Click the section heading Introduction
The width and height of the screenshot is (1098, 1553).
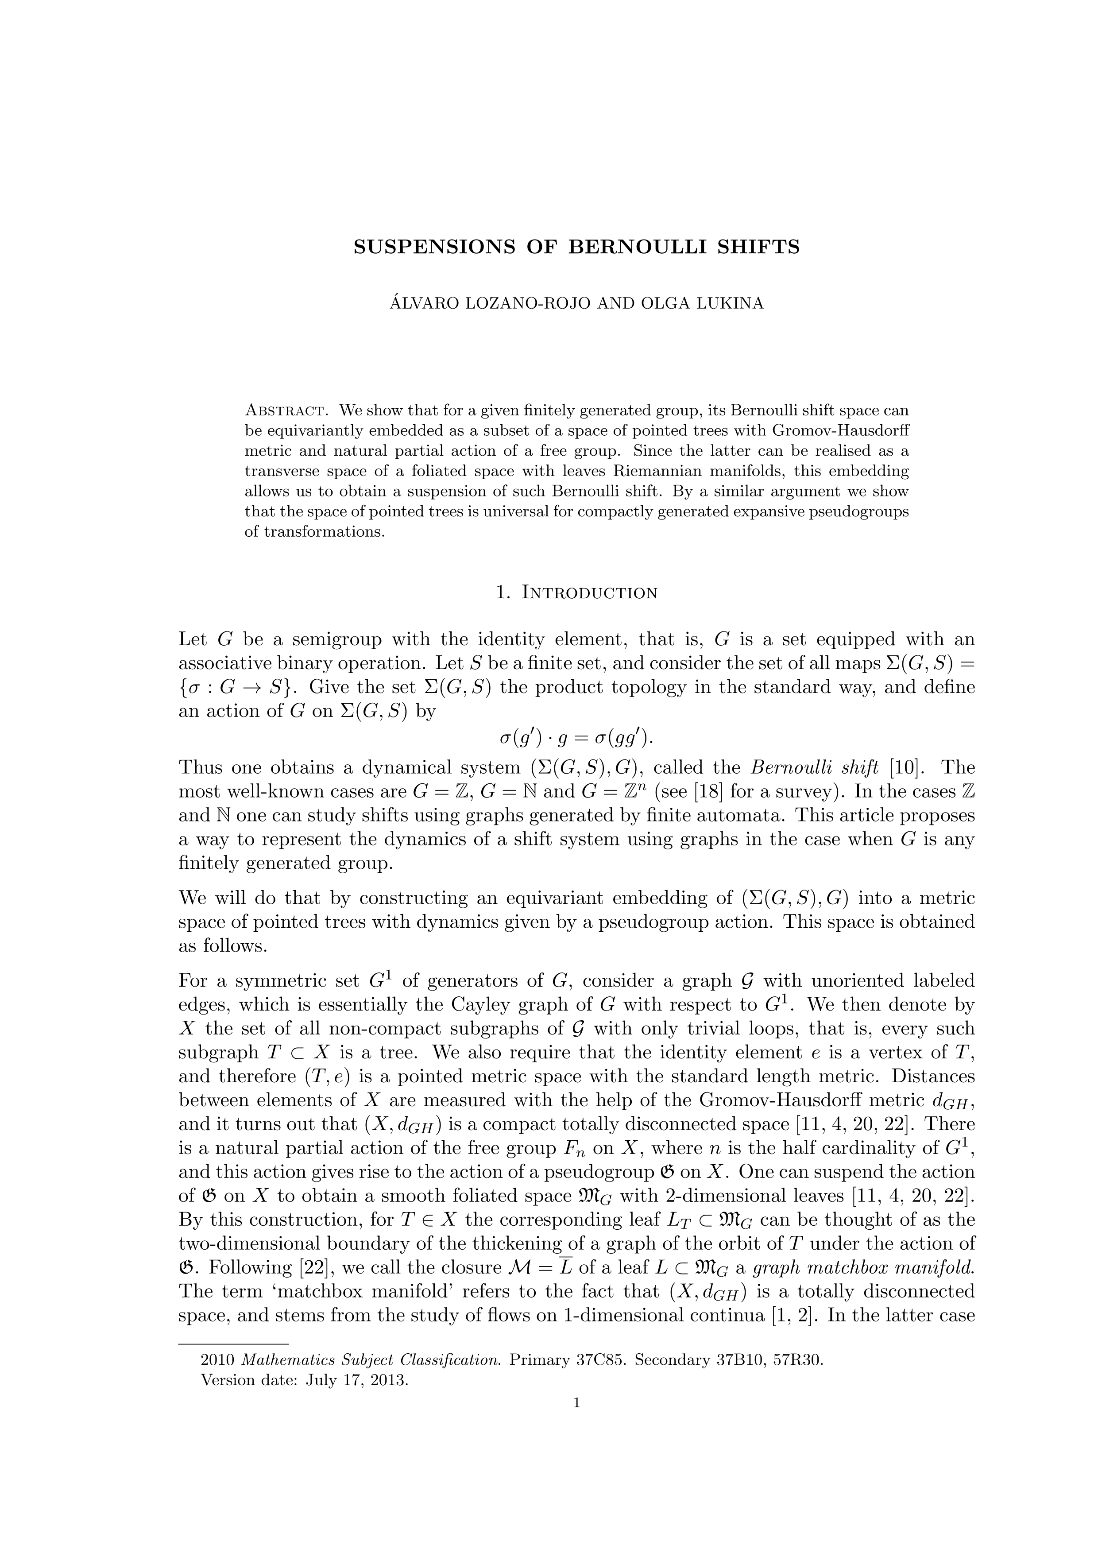point(590,593)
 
